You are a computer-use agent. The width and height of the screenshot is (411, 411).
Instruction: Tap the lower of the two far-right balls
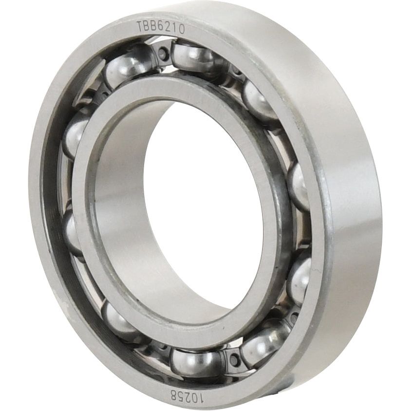coord(300,278)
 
